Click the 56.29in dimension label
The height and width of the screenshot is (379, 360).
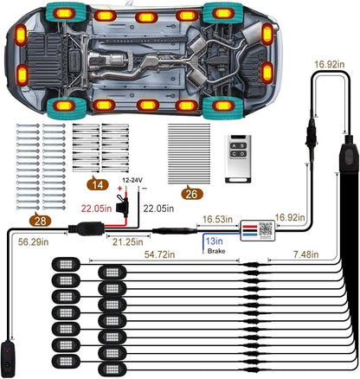(33, 241)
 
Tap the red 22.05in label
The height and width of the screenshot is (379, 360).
(96, 209)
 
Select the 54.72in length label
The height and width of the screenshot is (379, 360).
(159, 254)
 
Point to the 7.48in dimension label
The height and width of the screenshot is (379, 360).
(306, 254)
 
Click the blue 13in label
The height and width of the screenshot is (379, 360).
(214, 241)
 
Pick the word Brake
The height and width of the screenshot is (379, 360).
(216, 251)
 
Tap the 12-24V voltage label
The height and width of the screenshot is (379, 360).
(132, 181)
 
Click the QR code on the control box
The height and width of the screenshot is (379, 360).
(266, 228)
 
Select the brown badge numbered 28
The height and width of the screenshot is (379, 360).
(40, 221)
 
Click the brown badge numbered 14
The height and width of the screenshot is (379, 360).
(98, 184)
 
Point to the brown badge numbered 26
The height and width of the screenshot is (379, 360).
(192, 194)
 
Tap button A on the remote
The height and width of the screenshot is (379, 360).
(234, 146)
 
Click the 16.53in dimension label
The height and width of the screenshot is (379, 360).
(217, 219)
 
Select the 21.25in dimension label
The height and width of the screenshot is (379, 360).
(128, 242)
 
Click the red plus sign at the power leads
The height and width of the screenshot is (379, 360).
(119, 189)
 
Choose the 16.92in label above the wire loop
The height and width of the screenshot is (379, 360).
(330, 64)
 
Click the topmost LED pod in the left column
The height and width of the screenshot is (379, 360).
(66, 264)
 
